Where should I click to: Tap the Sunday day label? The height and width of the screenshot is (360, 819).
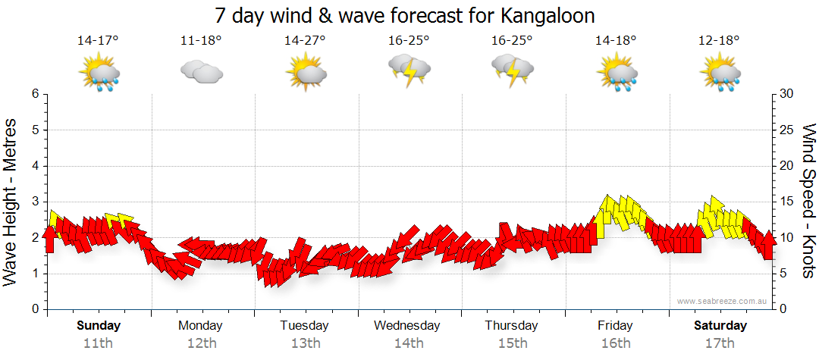99,326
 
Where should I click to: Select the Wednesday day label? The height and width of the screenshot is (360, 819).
407,326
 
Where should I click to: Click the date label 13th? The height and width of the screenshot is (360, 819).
305,343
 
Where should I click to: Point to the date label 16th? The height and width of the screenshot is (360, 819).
615,343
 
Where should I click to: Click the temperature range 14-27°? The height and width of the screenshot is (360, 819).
305,41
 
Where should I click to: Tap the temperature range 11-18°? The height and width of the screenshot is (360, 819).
201,41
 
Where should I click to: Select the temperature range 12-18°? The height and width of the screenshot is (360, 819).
719,41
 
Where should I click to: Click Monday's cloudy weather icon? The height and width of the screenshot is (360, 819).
201,72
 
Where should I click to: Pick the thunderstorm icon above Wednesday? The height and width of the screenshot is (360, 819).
409,70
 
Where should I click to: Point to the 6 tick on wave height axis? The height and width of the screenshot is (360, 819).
34,94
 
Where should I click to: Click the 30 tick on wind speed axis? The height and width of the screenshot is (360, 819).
787,94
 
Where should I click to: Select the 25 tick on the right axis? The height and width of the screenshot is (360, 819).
787,130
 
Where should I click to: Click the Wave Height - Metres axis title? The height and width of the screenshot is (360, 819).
12,202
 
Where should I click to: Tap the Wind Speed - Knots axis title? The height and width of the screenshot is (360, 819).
808,201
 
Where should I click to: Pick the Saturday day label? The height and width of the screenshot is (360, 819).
720,326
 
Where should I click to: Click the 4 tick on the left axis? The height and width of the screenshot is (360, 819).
34,166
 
